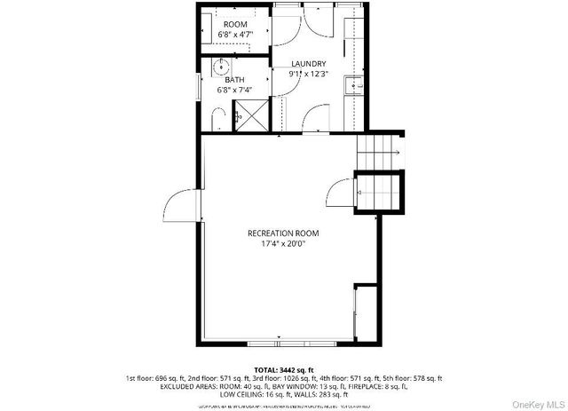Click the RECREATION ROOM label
coord(283,233)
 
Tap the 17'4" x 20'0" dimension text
coord(283,244)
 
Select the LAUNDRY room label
coord(308,64)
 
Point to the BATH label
coord(234,79)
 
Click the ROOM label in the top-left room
coord(235,24)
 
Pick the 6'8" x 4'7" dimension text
coord(235,35)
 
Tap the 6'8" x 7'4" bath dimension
coord(235,90)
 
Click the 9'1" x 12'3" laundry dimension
coord(308,75)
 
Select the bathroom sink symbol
coord(220,67)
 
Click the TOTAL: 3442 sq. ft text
coord(283,369)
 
